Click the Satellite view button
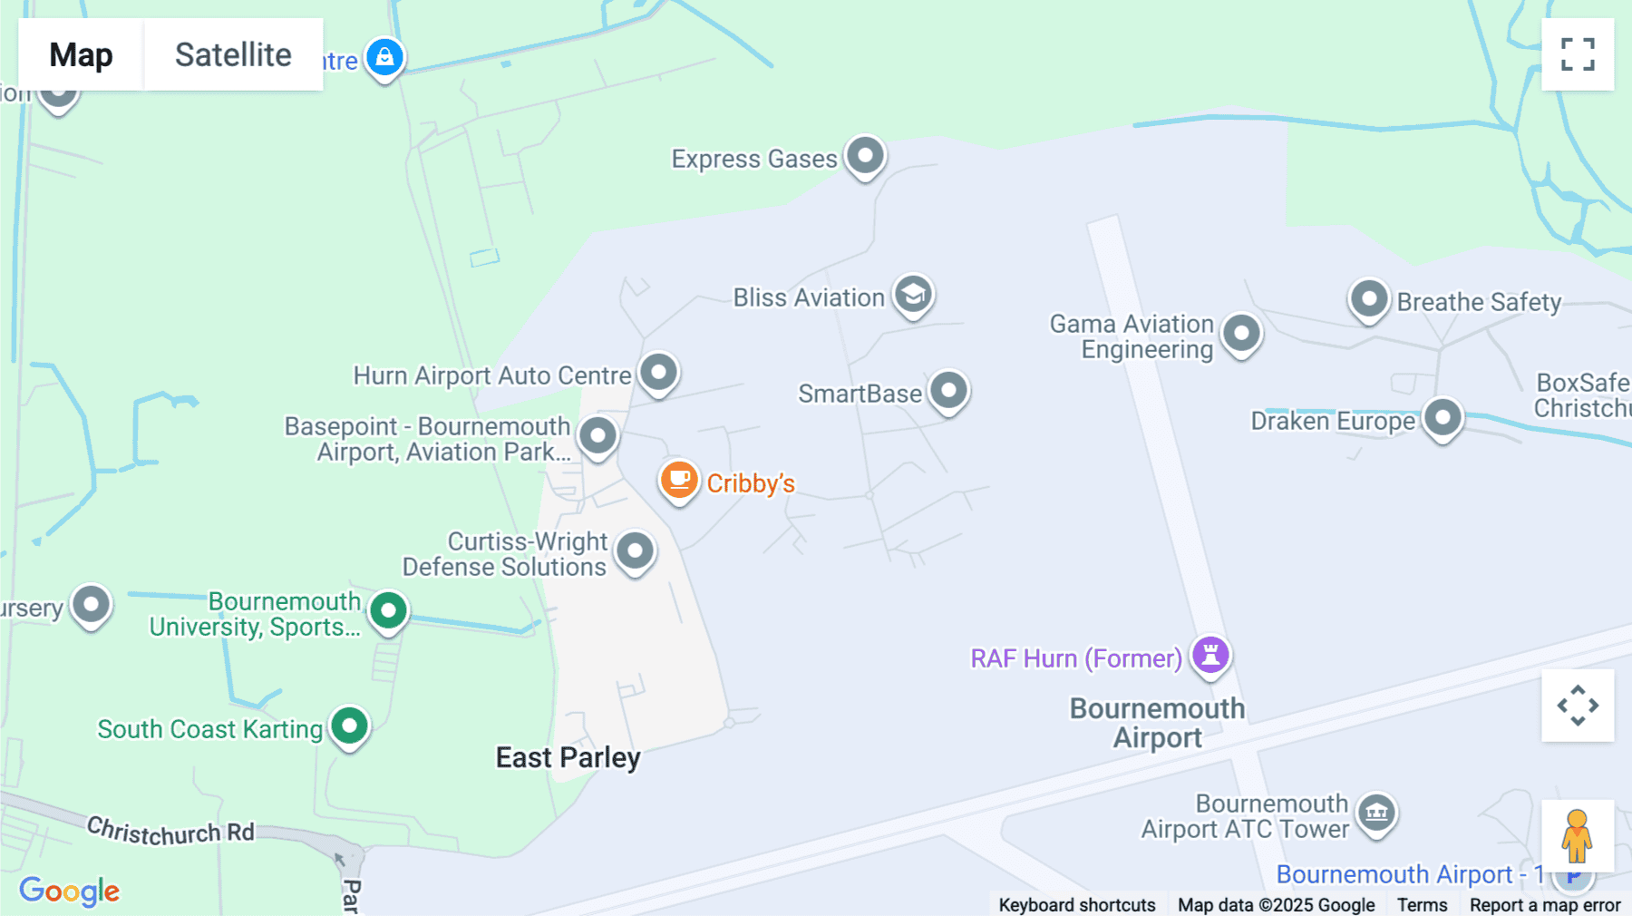(233, 54)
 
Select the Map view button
(81, 54)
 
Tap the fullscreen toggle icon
(1578, 54)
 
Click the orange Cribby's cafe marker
(679, 480)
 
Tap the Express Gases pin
(865, 156)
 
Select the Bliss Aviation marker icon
(913, 295)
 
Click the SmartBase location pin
(948, 391)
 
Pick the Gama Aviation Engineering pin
(1241, 334)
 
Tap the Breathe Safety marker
(1369, 299)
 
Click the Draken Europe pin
(1443, 418)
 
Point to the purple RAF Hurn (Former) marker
(1210, 655)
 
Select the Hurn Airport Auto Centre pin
(658, 373)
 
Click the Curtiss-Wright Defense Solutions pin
(635, 551)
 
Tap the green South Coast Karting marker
(349, 726)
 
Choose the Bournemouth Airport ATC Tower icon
(1376, 813)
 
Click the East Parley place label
(568, 757)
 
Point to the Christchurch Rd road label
(170, 831)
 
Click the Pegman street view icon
(1577, 835)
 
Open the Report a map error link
(1545, 905)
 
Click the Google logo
(69, 891)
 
